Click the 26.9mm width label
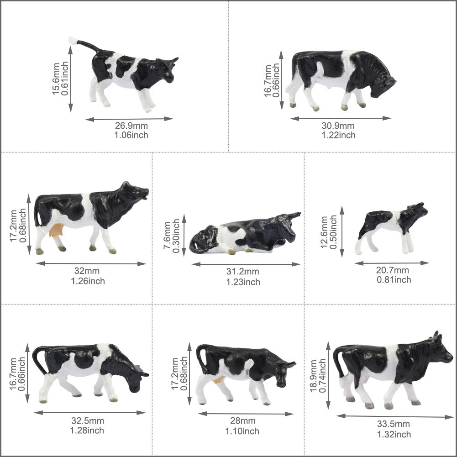pyautogui.click(x=131, y=126)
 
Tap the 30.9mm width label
pyautogui.click(x=338, y=126)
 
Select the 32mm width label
pyautogui.click(x=87, y=272)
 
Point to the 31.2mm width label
pyautogui.click(x=243, y=273)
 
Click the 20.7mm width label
pyautogui.click(x=393, y=271)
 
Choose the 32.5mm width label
pyautogui.click(x=87, y=421)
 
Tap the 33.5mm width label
pyautogui.click(x=393, y=425)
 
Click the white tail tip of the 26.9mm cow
pyautogui.click(x=72, y=41)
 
